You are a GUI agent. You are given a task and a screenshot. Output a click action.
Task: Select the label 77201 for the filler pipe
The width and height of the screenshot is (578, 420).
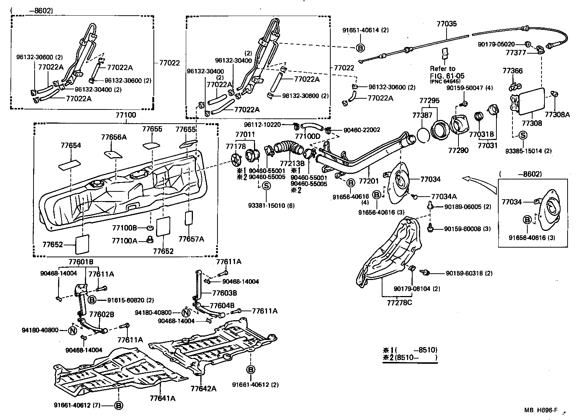368,181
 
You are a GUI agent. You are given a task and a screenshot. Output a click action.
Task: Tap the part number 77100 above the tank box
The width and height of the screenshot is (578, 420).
126,115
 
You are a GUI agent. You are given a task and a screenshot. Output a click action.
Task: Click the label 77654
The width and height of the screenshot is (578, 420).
71,146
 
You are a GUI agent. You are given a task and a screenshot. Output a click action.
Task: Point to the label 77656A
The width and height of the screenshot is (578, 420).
114,137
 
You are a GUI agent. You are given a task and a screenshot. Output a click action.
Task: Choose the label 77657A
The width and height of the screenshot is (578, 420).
191,239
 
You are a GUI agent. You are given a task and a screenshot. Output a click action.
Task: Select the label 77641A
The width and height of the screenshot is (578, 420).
162,398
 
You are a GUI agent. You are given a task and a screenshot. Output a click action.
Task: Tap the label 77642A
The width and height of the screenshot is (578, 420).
203,389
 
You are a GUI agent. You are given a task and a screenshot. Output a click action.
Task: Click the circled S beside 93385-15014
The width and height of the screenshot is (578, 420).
523,136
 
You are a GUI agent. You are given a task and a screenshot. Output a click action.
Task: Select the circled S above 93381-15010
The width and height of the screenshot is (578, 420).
266,185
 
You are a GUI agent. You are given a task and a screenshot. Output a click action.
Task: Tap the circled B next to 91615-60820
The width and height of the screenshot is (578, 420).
92,300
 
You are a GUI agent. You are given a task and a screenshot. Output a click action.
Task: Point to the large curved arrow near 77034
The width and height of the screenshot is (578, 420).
480,182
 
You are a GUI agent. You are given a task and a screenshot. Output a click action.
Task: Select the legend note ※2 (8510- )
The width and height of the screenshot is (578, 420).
409,357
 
